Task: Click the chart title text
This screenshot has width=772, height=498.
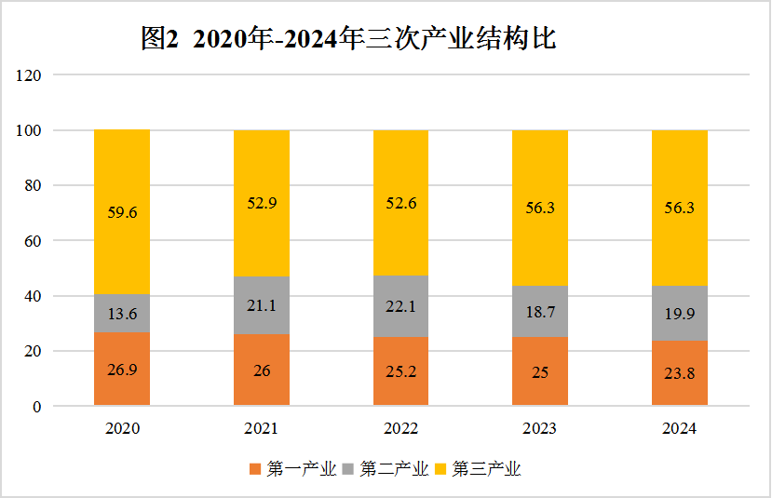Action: coord(348,38)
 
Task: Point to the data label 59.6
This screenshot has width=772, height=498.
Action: coord(122,212)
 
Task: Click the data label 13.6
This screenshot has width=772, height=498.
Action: coord(122,314)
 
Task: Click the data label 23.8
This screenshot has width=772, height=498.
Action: coord(679,372)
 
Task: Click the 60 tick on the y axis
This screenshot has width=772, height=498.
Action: coord(34,241)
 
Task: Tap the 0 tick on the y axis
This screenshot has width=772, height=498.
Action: coord(37,407)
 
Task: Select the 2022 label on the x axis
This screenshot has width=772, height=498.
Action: coord(400,429)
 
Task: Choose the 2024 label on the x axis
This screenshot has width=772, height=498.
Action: coord(679,429)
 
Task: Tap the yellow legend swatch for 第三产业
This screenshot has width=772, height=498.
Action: coord(441,469)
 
